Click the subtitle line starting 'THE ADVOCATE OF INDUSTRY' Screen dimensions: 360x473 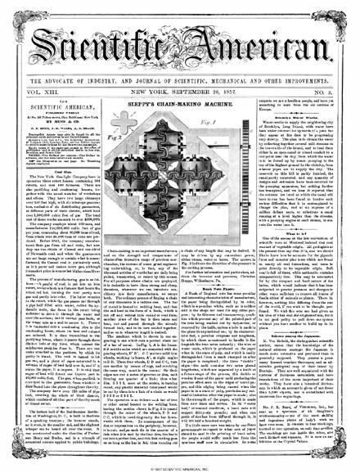pyautogui.click(x=180, y=59)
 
